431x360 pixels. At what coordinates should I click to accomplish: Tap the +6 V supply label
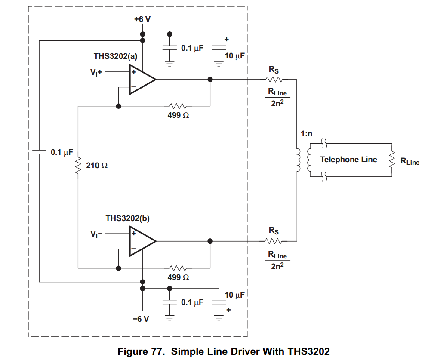pyautogui.click(x=142, y=19)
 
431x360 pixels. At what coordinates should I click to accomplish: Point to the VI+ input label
pyautogui.click(x=96, y=73)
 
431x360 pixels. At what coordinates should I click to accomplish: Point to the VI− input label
pyautogui.click(x=96, y=234)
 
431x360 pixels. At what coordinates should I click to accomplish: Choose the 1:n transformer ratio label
pyautogui.click(x=307, y=134)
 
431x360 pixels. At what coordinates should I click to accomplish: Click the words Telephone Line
pyautogui.click(x=348, y=160)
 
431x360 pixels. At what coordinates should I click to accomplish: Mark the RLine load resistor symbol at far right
pyautogui.click(x=391, y=160)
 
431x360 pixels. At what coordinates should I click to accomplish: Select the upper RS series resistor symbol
pyautogui.click(x=274, y=80)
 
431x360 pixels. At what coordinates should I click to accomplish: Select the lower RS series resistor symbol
pyautogui.click(x=274, y=241)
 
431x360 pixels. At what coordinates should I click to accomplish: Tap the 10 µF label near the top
pyautogui.click(x=234, y=56)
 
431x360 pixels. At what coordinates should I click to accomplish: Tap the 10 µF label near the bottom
pyautogui.click(x=234, y=295)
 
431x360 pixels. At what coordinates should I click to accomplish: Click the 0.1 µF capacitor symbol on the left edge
pyautogui.click(x=39, y=152)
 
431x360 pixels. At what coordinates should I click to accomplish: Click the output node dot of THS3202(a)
pyautogui.click(x=210, y=80)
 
